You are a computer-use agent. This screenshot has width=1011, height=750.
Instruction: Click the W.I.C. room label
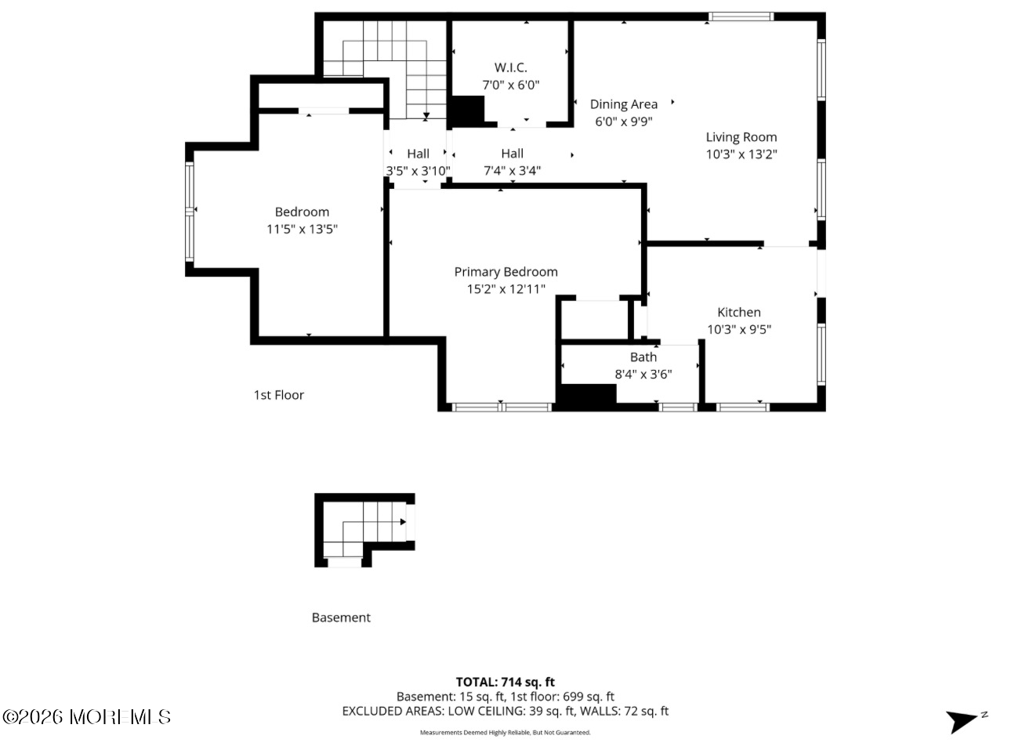coord(510,67)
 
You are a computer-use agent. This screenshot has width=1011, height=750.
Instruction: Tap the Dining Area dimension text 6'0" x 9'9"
coord(624,121)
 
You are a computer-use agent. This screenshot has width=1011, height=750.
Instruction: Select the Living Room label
coord(741,137)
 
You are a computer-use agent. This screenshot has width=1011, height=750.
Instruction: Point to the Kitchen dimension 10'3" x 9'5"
coord(739,329)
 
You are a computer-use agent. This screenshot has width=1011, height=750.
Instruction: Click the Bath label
coord(643,357)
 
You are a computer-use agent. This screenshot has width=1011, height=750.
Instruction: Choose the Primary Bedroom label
coord(506,272)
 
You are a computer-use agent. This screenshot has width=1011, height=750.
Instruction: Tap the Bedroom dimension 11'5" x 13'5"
coord(302,229)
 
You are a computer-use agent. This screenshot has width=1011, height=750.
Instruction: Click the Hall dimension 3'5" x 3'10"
coord(418,171)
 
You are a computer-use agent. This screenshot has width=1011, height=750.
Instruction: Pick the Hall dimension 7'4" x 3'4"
coord(512,171)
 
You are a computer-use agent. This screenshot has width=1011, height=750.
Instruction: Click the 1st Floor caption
coord(278,395)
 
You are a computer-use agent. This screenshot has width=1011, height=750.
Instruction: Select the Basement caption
coord(341,618)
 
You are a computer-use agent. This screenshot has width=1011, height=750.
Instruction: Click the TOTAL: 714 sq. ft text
coord(505,682)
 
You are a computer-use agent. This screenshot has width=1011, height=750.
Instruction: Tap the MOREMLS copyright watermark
coord(87,717)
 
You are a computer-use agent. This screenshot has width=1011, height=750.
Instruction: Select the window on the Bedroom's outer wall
coord(189,212)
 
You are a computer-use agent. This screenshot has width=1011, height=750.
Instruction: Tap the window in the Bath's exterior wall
coord(678,408)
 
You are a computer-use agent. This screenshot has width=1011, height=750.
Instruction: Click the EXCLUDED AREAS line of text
coord(505,712)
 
